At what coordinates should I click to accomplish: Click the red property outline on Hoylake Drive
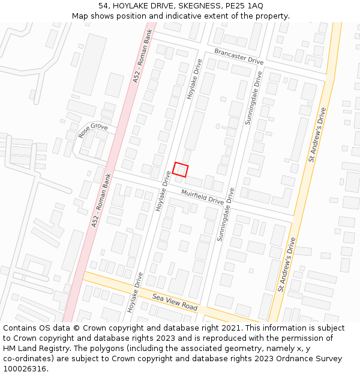click(x=181, y=169)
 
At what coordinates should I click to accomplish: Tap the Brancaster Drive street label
click(x=239, y=57)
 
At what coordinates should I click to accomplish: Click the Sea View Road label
click(x=175, y=302)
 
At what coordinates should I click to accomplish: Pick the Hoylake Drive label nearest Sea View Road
click(x=135, y=292)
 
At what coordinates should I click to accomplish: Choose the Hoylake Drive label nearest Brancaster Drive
click(x=194, y=79)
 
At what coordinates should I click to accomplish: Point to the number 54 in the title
click(x=104, y=5)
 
